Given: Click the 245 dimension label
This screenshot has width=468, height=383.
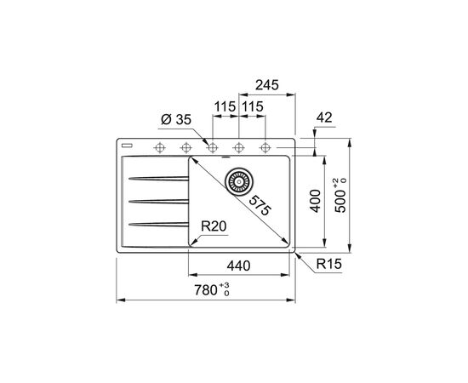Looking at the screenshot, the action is pos(267,85).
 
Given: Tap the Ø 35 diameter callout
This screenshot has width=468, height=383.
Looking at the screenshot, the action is pos(176,120).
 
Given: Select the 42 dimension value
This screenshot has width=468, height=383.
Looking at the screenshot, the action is pos(324,117).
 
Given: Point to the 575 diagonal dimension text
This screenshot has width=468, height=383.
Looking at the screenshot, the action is pos(260,205).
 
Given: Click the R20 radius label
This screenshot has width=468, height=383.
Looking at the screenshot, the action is pos(214,226).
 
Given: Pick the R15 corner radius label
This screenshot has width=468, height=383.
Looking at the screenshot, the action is pos(329,264).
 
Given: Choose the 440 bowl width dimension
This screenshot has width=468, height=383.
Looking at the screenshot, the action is pos(238,266).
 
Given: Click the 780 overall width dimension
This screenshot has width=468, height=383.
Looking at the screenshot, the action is pos(212,290).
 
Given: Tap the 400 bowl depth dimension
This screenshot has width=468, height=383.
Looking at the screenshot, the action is pos(315,201).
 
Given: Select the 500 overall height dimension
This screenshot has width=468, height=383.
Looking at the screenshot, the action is pos(340,196).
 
